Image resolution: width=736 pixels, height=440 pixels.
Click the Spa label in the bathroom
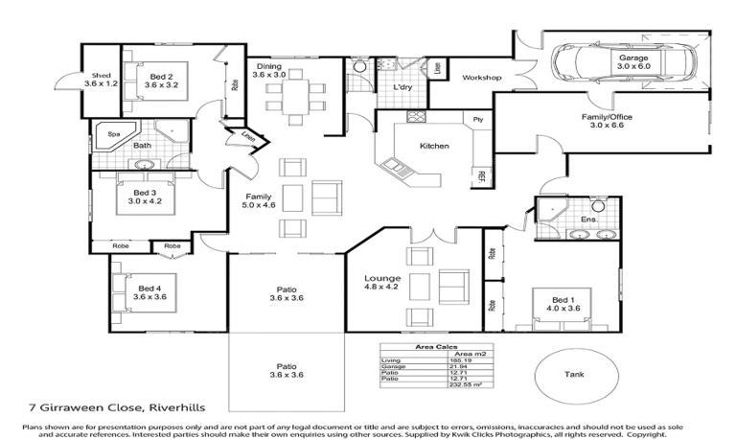coord(113,134)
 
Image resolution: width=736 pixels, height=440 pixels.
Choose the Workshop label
coord(482,77)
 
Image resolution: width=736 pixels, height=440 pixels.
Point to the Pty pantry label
coord(477,119)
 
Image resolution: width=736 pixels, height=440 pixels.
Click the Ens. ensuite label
coord(589,220)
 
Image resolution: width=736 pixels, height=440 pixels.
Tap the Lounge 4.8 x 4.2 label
coord(380,282)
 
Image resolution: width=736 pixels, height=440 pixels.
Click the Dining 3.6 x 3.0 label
coord(269,70)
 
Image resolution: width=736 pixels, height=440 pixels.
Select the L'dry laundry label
coord(403,87)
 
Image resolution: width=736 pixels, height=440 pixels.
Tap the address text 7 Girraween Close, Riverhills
coord(103,406)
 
